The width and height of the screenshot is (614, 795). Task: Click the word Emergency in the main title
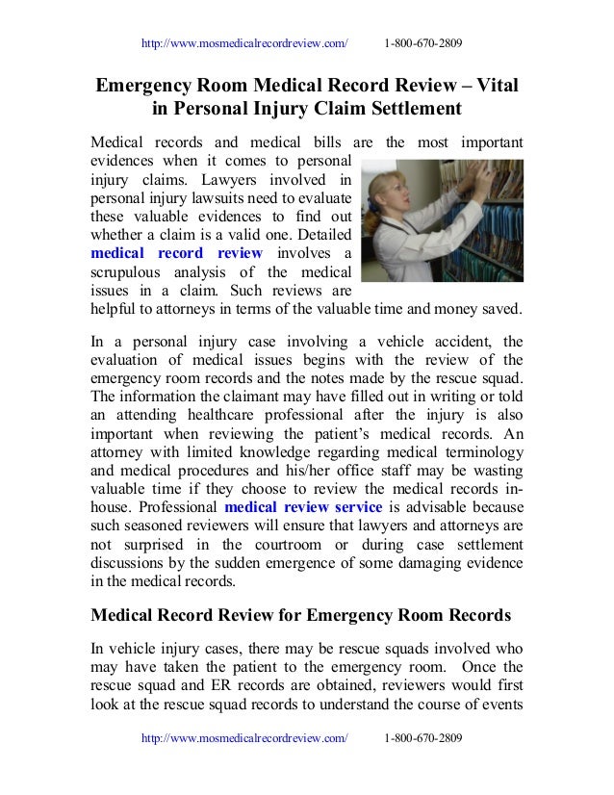[x=149, y=85]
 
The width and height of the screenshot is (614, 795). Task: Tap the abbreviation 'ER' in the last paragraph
[x=215, y=686]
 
